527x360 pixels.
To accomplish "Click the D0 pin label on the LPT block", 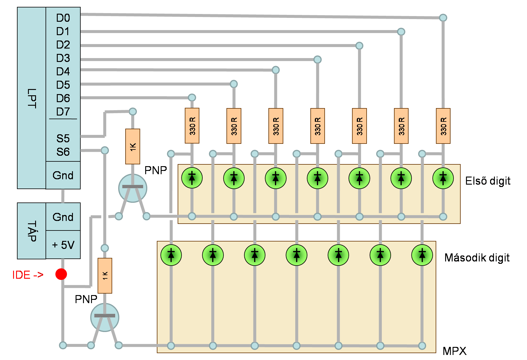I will [63, 18].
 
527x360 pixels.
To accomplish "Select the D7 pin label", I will [63, 112].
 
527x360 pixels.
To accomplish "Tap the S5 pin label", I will [63, 138].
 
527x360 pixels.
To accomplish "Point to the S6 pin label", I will [63, 152].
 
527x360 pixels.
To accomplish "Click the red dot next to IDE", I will [61, 274].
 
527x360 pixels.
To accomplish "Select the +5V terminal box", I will [63, 245].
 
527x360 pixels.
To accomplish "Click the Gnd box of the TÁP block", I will [63, 217].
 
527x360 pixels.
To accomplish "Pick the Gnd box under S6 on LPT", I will [63, 175].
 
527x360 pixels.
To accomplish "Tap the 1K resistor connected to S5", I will [133, 147].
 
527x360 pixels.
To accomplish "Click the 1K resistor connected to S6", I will [105, 276].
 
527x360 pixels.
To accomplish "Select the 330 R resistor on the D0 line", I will [443, 126].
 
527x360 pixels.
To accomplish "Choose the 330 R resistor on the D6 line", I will [192, 126].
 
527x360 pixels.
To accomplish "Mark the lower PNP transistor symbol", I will [105, 317].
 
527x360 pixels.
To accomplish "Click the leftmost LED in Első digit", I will [192, 178].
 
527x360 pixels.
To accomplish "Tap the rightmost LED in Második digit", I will [422, 255].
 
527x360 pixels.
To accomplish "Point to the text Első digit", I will [488, 181].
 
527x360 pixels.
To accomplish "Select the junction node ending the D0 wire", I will [443, 18].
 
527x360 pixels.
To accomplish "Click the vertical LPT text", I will [32, 98].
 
